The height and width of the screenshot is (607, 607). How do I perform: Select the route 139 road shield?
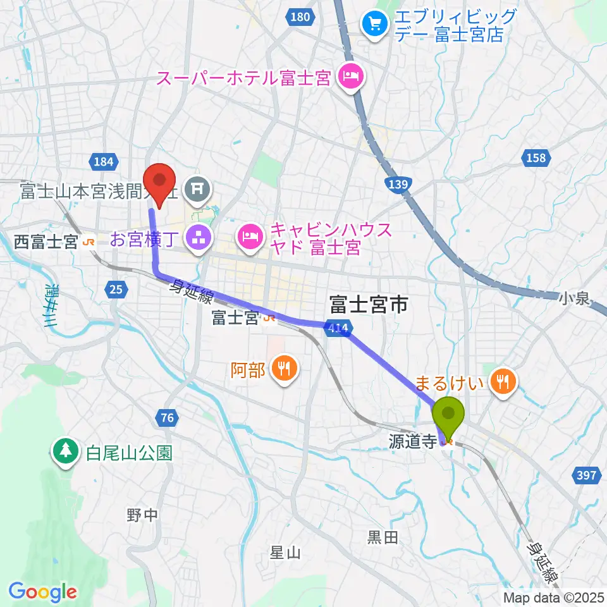(x=398, y=183)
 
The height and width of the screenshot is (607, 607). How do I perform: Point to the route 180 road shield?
(x=300, y=17)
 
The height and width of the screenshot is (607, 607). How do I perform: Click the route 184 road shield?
(x=102, y=162)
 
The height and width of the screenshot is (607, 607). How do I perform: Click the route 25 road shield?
(x=115, y=290)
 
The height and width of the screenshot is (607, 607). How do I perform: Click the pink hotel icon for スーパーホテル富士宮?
(x=350, y=78)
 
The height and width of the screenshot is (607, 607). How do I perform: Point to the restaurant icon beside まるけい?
(x=504, y=381)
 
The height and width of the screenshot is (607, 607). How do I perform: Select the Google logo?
(x=43, y=592)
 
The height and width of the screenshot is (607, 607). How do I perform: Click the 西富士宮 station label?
(x=47, y=241)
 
